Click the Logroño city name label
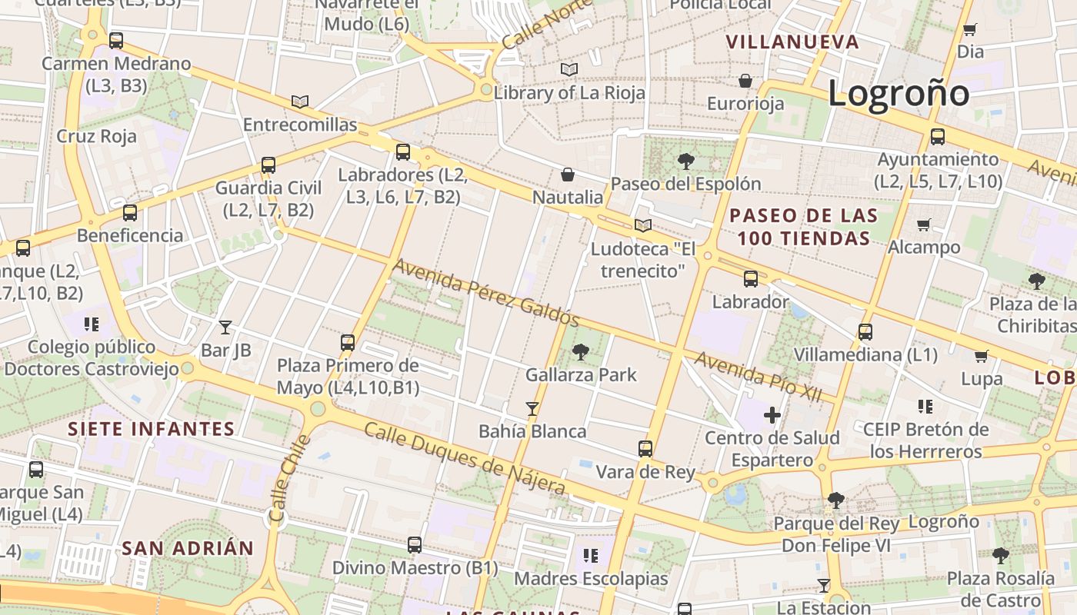(x=898, y=94)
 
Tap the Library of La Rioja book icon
(x=569, y=70)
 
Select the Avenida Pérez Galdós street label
(x=485, y=293)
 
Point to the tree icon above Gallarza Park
(x=581, y=352)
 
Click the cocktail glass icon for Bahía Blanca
(x=532, y=408)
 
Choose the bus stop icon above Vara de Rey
(x=645, y=449)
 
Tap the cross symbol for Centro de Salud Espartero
(x=772, y=416)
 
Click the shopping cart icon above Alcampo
(x=924, y=224)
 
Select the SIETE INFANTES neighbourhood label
(x=151, y=429)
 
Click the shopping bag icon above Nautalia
(x=568, y=175)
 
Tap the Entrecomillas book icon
(x=300, y=101)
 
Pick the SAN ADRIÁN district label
(x=188, y=548)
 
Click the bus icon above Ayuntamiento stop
(x=938, y=137)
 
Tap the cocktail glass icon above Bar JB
(x=225, y=327)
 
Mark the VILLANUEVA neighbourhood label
(x=792, y=42)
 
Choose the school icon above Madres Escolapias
(x=591, y=555)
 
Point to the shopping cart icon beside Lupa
(x=981, y=356)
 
